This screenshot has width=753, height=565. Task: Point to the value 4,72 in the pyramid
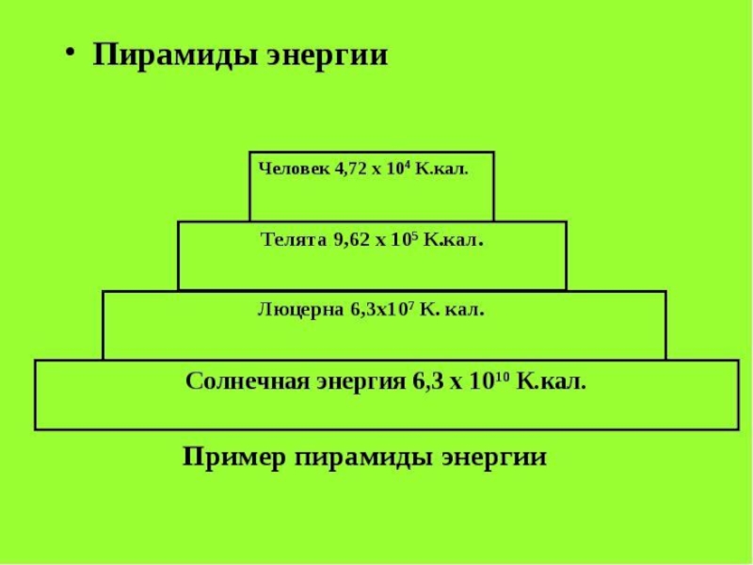click(352, 169)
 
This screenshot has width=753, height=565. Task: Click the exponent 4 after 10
click(406, 165)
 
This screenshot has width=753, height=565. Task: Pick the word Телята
click(293, 239)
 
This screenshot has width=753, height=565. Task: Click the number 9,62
click(352, 239)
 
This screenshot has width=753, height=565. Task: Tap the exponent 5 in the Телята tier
click(414, 234)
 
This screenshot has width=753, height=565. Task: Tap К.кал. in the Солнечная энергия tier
click(552, 381)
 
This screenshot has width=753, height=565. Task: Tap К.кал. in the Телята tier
click(454, 239)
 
